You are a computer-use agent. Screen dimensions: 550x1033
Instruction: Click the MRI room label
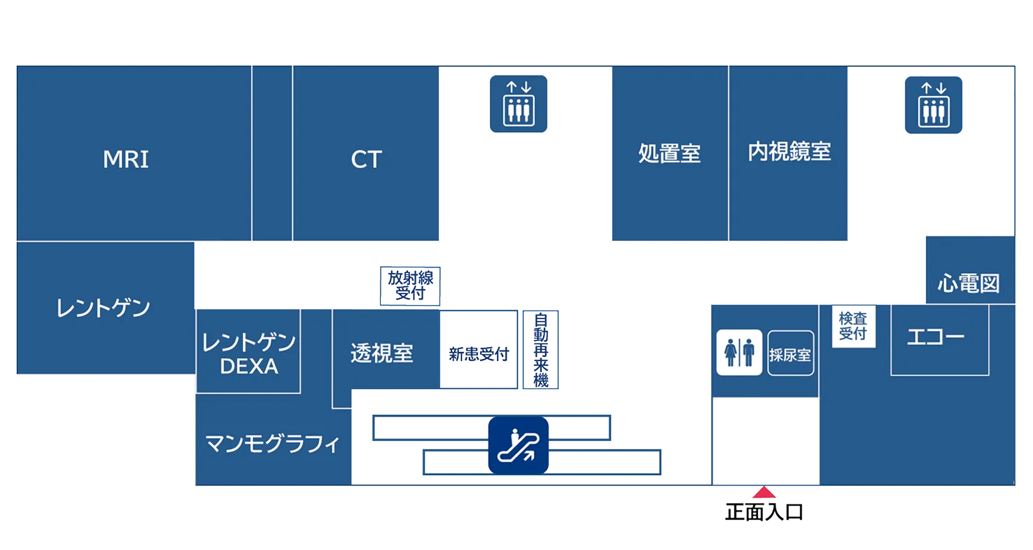(x=126, y=160)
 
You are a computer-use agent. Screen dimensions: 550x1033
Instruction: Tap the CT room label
(x=366, y=160)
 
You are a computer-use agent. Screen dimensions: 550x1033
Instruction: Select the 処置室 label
(x=669, y=153)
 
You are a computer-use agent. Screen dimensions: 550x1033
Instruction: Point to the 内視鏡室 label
(x=789, y=152)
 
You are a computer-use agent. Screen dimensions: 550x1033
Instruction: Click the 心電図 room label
(x=968, y=283)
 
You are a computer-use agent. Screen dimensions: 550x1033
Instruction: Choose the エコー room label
(x=935, y=337)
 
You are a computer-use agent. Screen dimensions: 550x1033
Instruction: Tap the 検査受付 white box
(x=852, y=326)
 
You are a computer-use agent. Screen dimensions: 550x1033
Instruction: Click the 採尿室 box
(x=790, y=353)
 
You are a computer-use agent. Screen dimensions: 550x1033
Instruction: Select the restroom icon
(x=738, y=353)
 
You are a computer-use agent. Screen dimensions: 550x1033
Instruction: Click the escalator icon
(x=518, y=445)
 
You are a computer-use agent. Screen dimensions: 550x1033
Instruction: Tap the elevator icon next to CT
(x=518, y=104)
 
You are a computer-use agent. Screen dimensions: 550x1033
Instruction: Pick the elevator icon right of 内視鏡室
(x=933, y=104)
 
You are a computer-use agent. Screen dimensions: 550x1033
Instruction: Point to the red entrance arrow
(x=765, y=493)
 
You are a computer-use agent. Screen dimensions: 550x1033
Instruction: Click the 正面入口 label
(x=765, y=513)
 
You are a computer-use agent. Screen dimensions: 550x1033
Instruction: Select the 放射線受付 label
(x=410, y=285)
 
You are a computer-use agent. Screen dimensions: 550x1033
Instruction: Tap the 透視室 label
(x=381, y=353)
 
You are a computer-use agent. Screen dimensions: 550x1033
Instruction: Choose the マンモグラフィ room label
(x=272, y=444)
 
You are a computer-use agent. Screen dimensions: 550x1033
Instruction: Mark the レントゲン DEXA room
(x=248, y=353)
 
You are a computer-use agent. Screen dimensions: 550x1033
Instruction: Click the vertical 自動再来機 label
(x=540, y=350)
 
